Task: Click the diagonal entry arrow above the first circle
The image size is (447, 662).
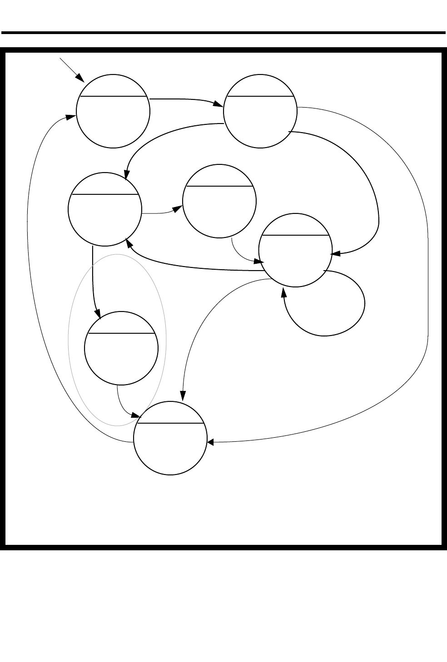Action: point(72,69)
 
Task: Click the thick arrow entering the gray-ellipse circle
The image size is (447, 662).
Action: point(93,282)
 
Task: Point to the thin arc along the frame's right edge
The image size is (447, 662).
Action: point(427,272)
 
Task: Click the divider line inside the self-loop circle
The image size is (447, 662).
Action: point(295,235)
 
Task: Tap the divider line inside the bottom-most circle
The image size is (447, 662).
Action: point(170,423)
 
